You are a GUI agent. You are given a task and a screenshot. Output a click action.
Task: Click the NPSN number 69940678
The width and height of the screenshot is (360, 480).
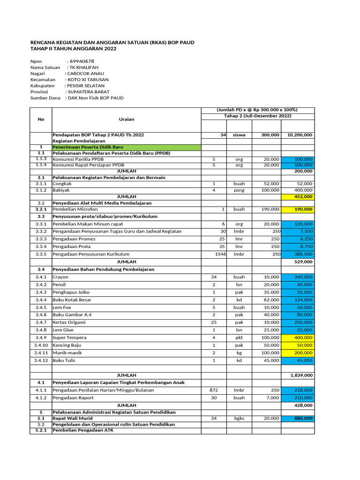pos(82,61)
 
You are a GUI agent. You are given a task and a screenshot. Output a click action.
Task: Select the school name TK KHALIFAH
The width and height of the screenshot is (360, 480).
pos(84,67)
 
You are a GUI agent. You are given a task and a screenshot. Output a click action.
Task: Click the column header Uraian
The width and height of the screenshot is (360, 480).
pos(127,119)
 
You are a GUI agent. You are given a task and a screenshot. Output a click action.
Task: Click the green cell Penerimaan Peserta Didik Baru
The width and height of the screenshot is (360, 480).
pos(85,147)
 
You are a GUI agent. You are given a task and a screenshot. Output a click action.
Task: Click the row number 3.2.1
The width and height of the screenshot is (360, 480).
pos(41,209)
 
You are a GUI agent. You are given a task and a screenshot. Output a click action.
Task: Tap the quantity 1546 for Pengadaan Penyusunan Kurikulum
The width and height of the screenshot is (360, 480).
pos(220,254)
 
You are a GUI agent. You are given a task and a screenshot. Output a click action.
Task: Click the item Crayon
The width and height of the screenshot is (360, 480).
pos(60,277)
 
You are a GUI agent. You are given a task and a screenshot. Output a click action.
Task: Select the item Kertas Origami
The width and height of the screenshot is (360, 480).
pos(69,322)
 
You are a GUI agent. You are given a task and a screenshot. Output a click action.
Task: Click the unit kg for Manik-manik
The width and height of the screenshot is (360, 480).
pos(239,352)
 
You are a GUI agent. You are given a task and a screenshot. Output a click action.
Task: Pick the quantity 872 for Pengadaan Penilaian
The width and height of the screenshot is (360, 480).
pos(214,390)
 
